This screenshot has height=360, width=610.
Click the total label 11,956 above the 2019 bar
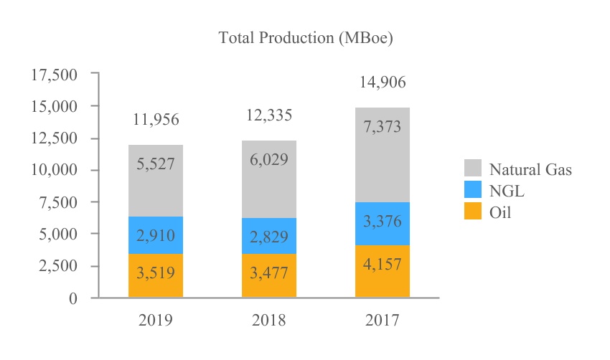click(x=156, y=120)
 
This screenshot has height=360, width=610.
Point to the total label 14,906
click(x=382, y=82)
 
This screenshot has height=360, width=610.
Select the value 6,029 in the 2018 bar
click(x=269, y=159)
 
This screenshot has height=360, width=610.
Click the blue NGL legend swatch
click(x=472, y=191)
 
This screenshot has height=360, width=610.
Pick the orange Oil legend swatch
click(x=472, y=212)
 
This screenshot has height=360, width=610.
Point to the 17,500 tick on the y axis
click(x=55, y=74)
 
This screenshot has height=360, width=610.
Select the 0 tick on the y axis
click(x=72, y=298)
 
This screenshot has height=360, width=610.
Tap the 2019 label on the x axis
click(x=156, y=320)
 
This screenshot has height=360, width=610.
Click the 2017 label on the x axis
click(x=382, y=320)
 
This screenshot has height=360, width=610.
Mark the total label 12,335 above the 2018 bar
click(x=269, y=115)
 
